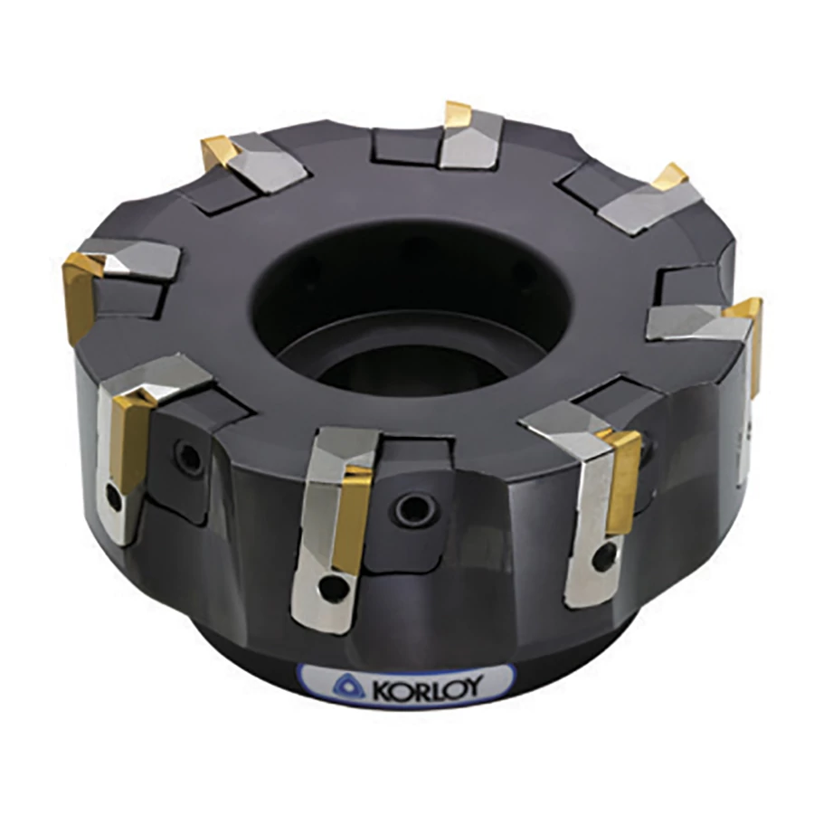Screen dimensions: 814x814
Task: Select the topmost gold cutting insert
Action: [458, 114]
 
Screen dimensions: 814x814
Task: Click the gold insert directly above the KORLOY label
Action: [352, 519]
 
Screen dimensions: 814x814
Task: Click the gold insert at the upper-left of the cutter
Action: [219, 150]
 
